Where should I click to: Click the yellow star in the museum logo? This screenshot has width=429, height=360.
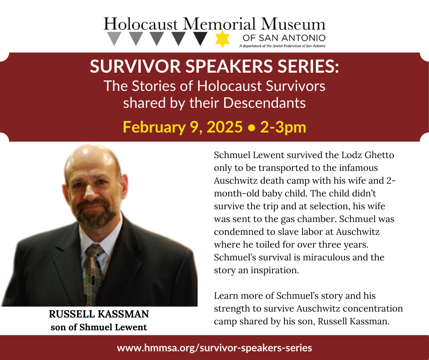222,39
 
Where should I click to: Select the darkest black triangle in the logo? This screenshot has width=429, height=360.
200,38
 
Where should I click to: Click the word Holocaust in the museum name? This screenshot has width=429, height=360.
141,24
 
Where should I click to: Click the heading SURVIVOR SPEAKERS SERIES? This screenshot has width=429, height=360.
214,67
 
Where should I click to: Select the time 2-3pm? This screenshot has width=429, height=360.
283,127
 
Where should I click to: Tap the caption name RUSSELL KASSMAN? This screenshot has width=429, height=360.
99,314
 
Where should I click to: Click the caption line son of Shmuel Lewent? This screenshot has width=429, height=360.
99,327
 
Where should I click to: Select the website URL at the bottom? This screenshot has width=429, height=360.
214,348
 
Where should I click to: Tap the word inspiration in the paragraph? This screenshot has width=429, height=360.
273,270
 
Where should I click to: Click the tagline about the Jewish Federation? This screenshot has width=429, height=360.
282,46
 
